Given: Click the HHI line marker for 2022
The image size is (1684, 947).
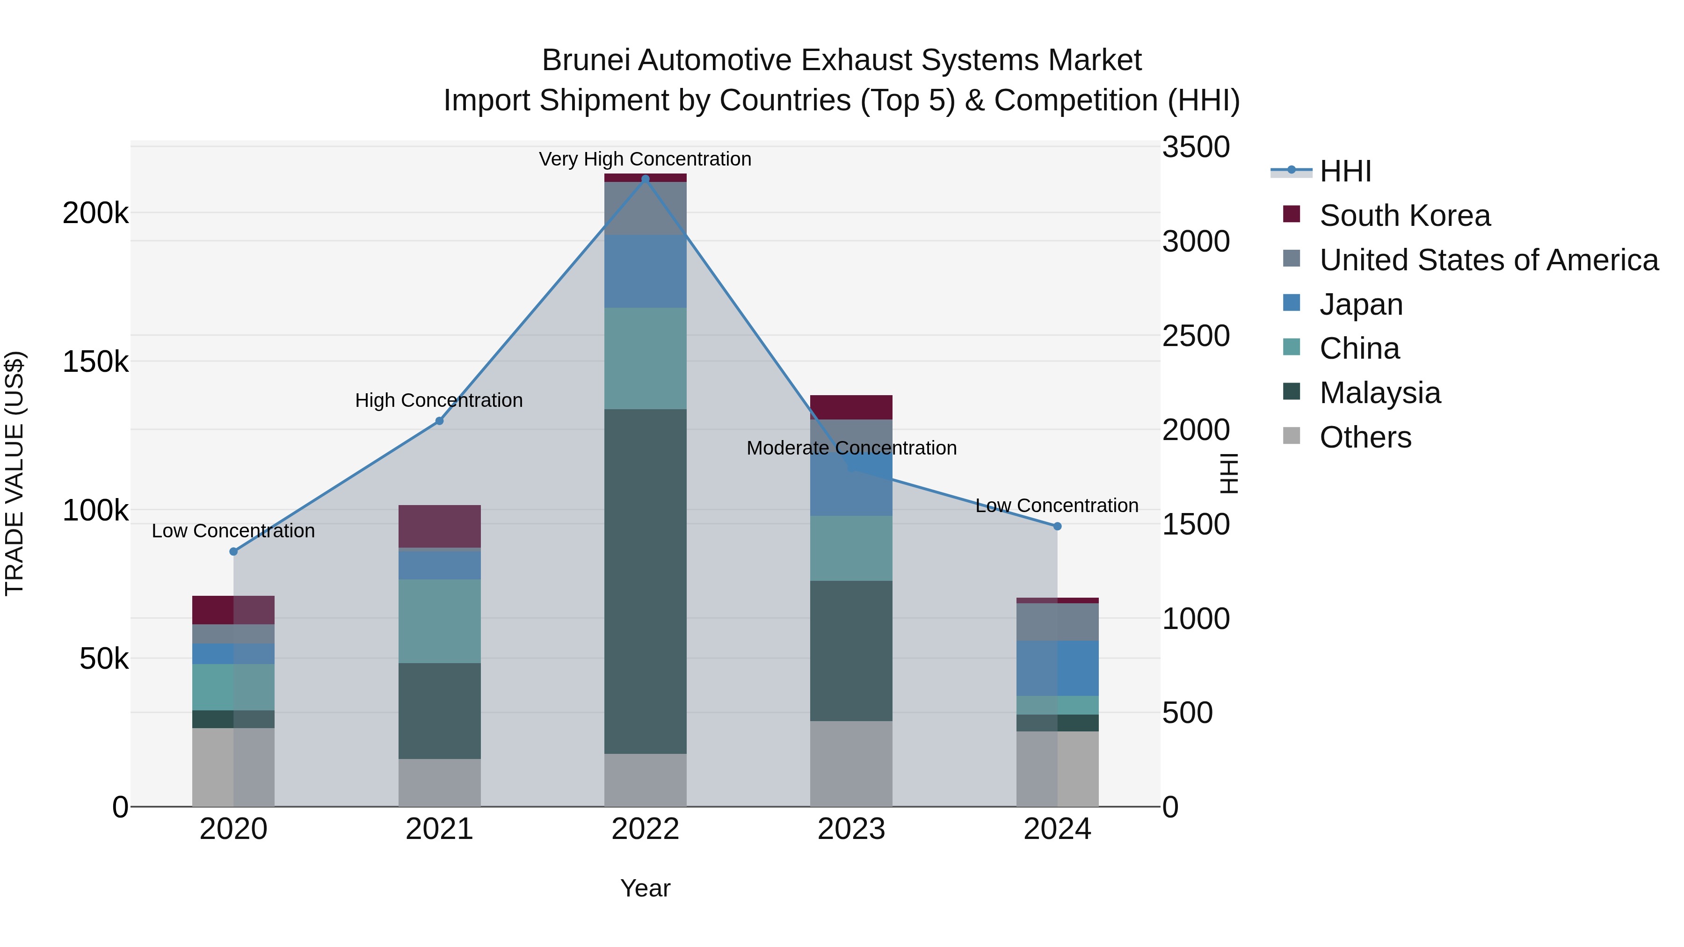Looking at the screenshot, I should click(x=645, y=179).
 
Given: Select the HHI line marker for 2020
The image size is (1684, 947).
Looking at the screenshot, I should click(x=233, y=552).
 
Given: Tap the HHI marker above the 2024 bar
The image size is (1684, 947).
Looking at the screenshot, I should click(x=1057, y=526).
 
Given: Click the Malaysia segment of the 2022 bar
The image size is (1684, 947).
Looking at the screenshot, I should click(x=645, y=582).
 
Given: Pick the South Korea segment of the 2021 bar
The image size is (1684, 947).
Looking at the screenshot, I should click(x=439, y=526).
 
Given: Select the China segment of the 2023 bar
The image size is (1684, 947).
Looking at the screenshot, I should click(x=851, y=549).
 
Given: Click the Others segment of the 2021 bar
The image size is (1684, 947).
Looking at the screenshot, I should click(x=439, y=782).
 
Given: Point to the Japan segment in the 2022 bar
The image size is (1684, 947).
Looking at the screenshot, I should click(x=645, y=271).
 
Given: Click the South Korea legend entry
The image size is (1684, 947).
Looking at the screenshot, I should click(x=1404, y=216).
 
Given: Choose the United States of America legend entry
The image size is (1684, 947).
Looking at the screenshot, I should click(x=1488, y=260).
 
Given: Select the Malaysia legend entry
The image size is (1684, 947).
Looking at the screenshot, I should click(x=1379, y=393).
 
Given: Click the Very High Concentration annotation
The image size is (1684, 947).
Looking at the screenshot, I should click(x=645, y=159).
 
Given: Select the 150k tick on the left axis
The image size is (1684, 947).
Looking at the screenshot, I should click(x=95, y=361).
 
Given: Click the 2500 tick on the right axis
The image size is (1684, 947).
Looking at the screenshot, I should click(x=1196, y=336).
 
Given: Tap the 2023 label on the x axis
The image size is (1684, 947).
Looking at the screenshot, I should click(x=851, y=829).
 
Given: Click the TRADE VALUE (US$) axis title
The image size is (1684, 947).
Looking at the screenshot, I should click(x=15, y=473).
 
